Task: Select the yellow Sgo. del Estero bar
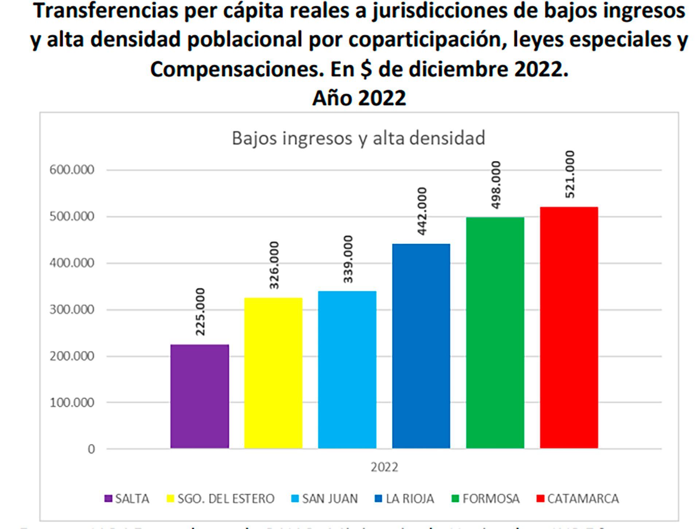pos(273,373)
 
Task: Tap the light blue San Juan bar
pos(347,370)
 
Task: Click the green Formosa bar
pos(495,333)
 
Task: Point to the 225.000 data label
pos(200,312)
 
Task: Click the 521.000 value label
pos(569,174)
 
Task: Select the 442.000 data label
pos(421,211)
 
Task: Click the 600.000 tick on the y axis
pos(72,170)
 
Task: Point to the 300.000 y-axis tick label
pos(72,310)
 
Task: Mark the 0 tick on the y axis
pos(91,449)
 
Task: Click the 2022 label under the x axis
pos(384,467)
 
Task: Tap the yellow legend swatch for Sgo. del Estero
pos(170,499)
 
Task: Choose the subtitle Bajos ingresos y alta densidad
pos(358,138)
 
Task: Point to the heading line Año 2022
pos(359,98)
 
